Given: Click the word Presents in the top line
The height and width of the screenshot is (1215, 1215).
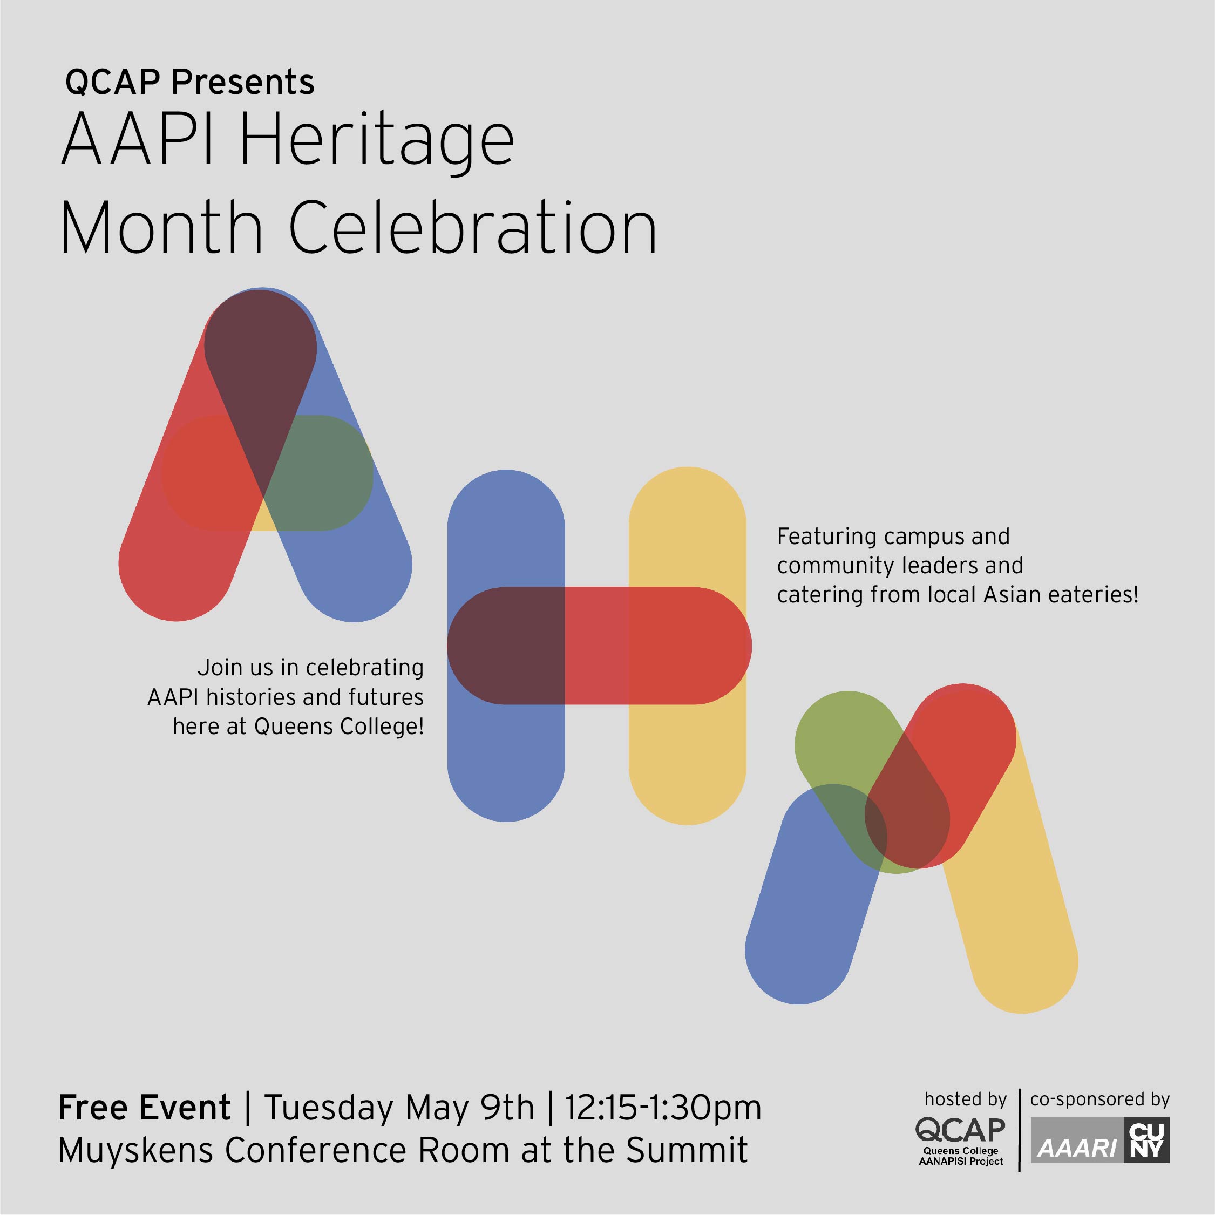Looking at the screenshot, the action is (x=243, y=83).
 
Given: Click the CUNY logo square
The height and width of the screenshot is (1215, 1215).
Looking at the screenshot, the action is (x=1147, y=1140).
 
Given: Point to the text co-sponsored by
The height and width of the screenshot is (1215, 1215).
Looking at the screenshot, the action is (x=1100, y=1099).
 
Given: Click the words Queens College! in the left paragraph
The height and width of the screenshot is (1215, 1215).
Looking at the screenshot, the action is (x=339, y=727).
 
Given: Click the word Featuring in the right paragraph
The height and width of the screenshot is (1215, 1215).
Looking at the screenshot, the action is (x=827, y=537).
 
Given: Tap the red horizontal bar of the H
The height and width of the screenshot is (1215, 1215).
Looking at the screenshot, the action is (x=599, y=645).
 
